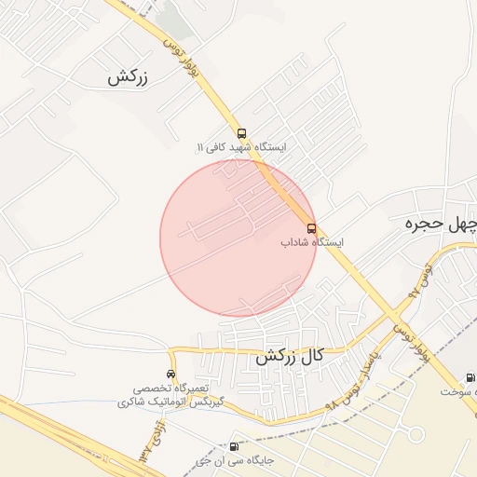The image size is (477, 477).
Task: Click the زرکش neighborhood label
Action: (x=129, y=78)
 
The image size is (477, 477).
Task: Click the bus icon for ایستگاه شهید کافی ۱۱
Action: (x=242, y=132)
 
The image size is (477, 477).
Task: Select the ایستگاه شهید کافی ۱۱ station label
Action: (x=241, y=148)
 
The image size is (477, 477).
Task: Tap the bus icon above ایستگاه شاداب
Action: (x=311, y=228)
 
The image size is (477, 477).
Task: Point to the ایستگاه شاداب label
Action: (x=312, y=242)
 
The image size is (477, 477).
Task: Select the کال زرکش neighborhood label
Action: (x=290, y=356)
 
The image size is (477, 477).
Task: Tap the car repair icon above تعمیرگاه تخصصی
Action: (x=170, y=374)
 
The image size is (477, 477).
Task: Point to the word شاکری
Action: (x=134, y=402)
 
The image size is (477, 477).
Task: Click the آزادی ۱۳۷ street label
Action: (x=148, y=443)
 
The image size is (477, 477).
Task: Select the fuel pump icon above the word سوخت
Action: (x=469, y=378)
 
